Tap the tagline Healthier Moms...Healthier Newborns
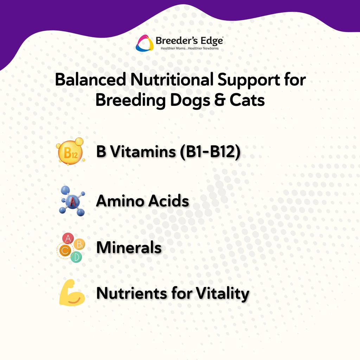[x=189, y=48]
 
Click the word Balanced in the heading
[x=90, y=80]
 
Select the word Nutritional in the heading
[x=172, y=80]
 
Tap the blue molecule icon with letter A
[x=72, y=201]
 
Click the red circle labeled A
[x=67, y=238]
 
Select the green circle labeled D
[x=76, y=257]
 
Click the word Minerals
[x=129, y=248]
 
